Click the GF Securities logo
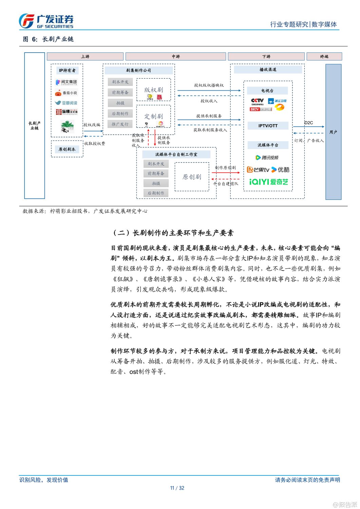tap(46, 21)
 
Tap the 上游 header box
tap(85, 56)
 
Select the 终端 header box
tap(324, 56)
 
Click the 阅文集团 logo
tap(67, 82)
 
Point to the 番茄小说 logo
tap(67, 93)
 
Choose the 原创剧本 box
tap(67, 149)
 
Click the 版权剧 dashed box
tap(153, 90)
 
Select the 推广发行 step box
tap(120, 124)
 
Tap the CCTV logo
tap(257, 100)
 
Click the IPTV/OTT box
tap(268, 126)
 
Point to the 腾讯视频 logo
tap(267, 157)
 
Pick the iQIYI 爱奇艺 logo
tap(268, 182)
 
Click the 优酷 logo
tap(280, 170)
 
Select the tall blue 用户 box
tap(333, 132)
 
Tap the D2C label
tap(308, 123)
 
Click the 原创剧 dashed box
tap(192, 177)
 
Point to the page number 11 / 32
tap(177, 488)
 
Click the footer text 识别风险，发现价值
tap(44, 480)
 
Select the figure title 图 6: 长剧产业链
tap(48, 39)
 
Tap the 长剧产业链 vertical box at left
tap(34, 126)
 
